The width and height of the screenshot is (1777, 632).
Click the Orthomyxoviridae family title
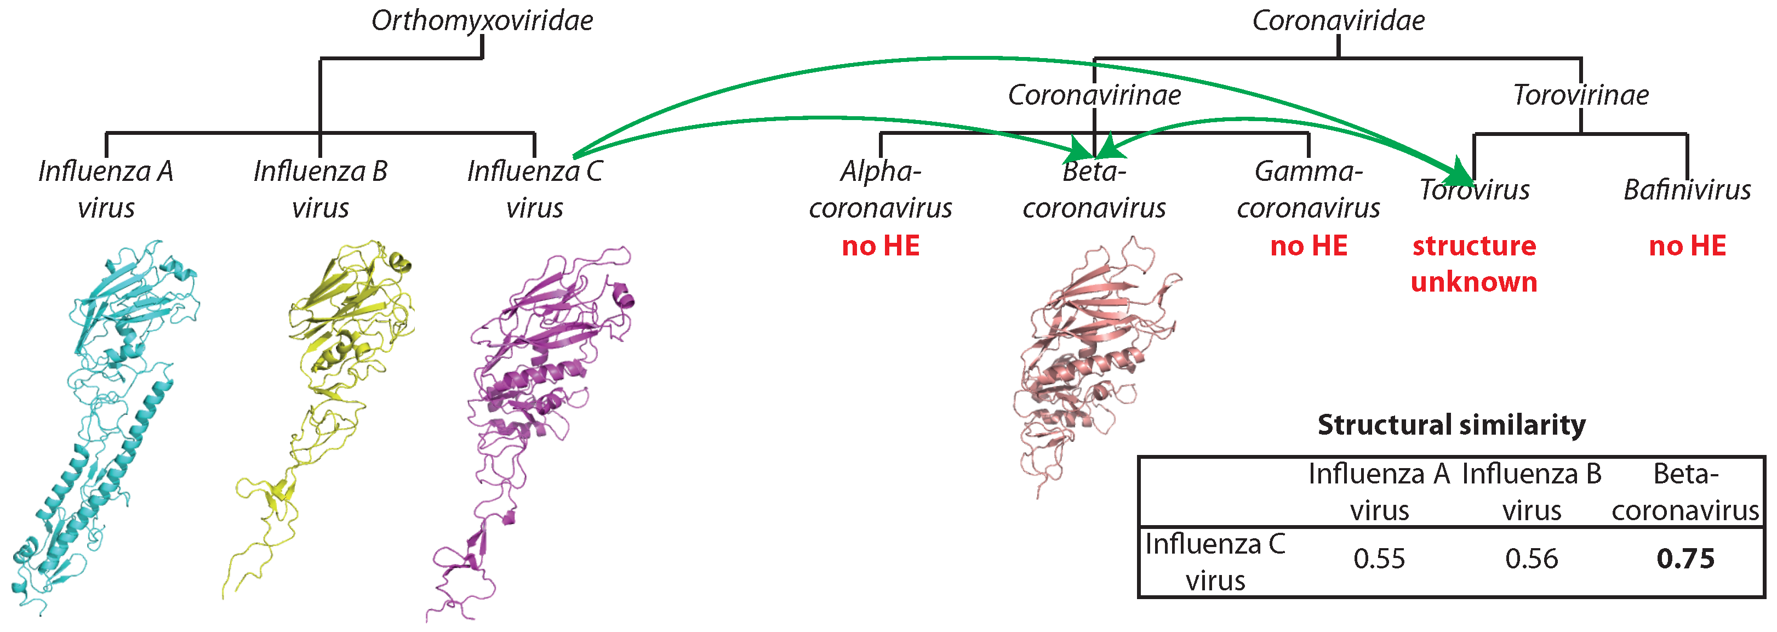[x=482, y=21]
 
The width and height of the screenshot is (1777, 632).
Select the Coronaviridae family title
[x=1338, y=21]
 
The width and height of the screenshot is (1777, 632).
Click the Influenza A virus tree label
[x=106, y=189]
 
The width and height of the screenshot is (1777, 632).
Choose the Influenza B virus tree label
[x=320, y=189]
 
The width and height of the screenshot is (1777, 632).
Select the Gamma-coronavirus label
[x=1308, y=189]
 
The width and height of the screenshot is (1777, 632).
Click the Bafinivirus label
[x=1687, y=190]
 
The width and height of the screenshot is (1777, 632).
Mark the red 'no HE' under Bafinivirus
[x=1687, y=246]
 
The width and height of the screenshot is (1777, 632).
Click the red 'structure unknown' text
[x=1474, y=264]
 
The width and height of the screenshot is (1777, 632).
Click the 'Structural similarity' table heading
[x=1452, y=425]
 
